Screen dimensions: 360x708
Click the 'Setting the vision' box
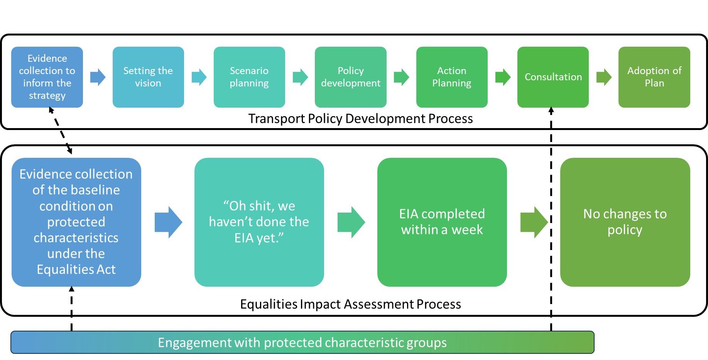point(148,77)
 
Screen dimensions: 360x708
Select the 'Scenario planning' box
point(249,77)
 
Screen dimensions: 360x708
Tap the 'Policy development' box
point(350,77)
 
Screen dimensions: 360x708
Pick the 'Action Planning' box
point(452,77)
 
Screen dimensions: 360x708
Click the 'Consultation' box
point(553,77)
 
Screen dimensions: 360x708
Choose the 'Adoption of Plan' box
point(654,77)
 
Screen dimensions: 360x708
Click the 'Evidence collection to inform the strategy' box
point(47,77)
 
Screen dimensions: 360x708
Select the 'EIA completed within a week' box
point(442,222)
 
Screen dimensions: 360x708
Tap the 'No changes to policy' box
point(625,222)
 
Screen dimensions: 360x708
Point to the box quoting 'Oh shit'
point(259,222)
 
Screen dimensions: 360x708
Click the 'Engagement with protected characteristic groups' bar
point(302,342)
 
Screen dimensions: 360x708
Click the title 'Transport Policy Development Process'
point(360,118)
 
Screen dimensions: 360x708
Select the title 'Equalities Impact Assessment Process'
point(350,304)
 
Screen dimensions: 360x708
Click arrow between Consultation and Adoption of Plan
point(604,77)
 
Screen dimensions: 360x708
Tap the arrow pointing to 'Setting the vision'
point(98,77)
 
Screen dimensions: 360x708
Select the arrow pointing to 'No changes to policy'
point(534,222)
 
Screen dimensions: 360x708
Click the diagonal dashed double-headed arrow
point(61,131)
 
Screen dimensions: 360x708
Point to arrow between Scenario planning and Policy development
point(300,77)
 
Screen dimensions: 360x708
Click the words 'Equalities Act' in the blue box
point(76,269)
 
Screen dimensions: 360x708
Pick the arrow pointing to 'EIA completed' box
point(351,222)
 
